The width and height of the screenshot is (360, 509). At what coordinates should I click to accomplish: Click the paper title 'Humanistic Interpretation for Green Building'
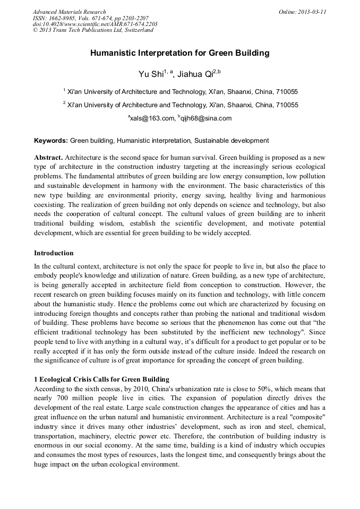coord(179,53)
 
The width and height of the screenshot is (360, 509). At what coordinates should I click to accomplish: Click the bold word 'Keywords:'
coord(51,141)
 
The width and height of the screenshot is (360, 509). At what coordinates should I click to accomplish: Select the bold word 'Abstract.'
coord(48,158)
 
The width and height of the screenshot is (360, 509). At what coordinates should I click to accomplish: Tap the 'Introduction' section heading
coord(54,253)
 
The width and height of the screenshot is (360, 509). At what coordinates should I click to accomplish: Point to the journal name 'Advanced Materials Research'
coord(69,12)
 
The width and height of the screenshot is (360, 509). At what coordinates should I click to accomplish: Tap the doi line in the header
coord(95,24)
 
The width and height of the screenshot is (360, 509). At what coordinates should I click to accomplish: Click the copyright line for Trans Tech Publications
coord(93,30)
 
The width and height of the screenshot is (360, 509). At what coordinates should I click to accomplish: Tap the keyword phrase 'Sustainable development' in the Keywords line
coord(231,141)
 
